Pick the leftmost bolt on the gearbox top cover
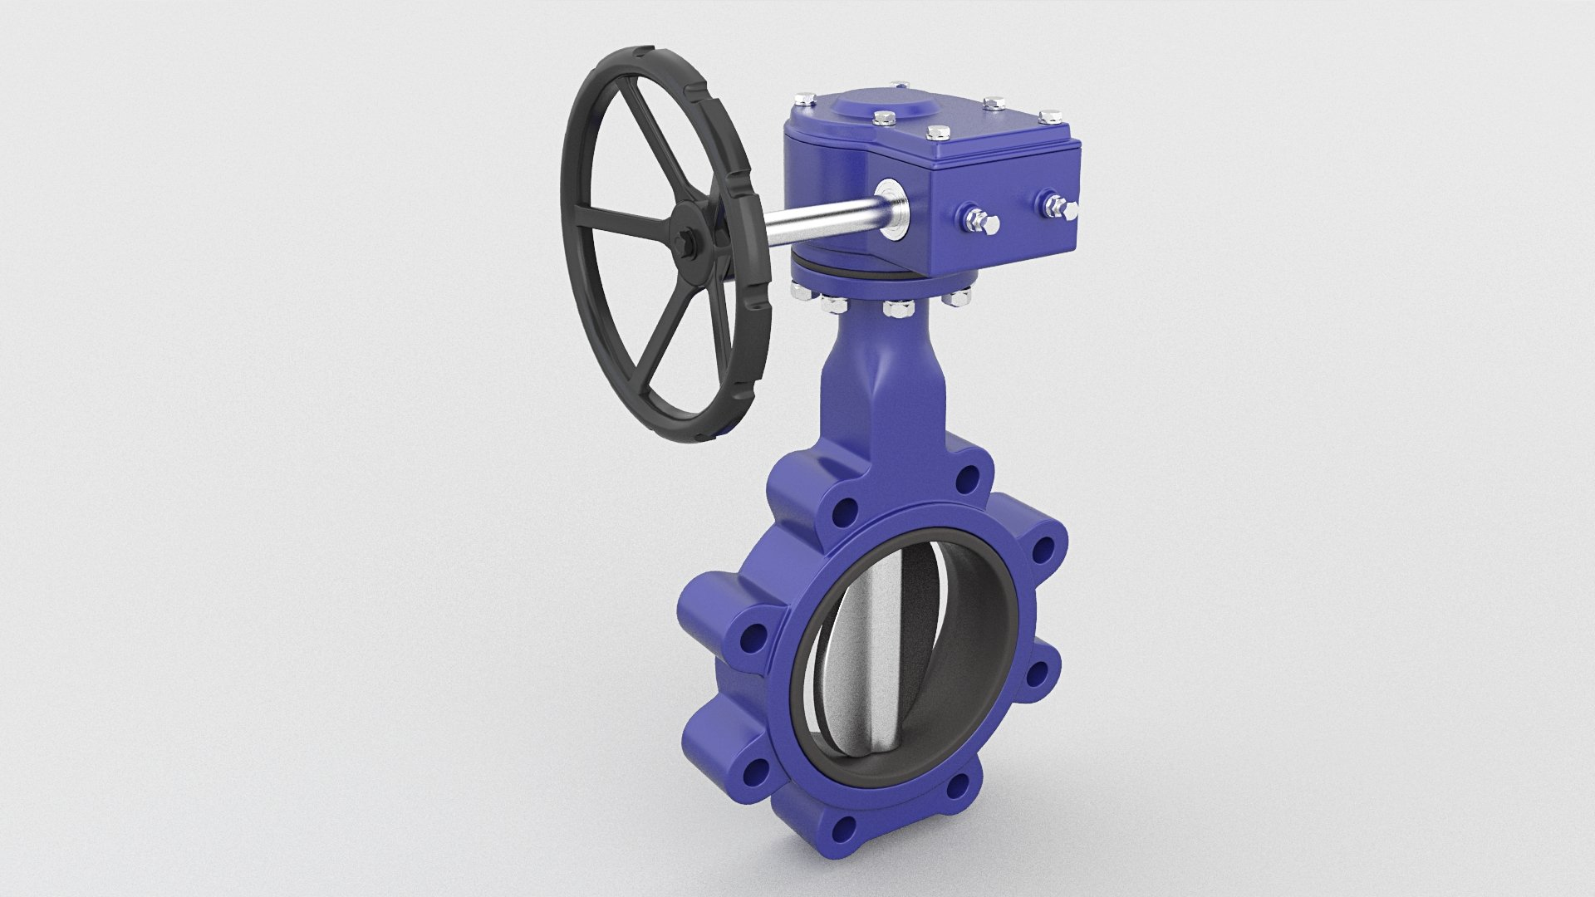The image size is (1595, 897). [804, 101]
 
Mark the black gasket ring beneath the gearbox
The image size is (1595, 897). [864, 277]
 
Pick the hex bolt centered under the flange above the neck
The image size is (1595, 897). [896, 309]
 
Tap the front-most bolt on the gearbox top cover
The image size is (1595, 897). [937, 133]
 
